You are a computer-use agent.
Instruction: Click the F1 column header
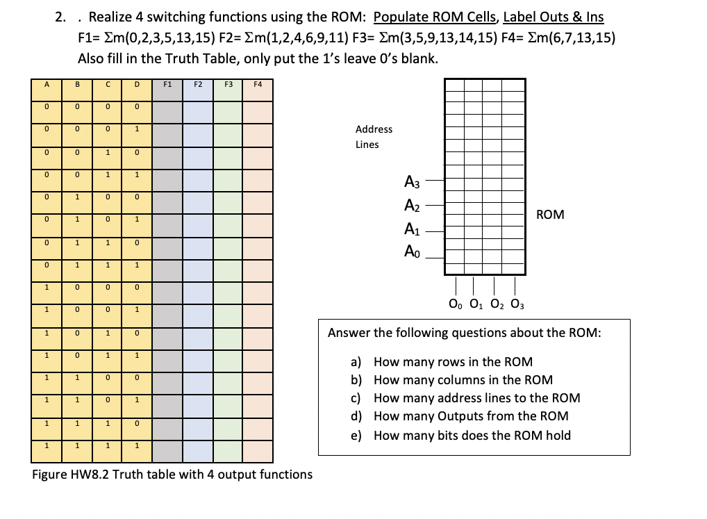tap(167, 85)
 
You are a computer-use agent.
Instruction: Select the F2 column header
tap(197, 85)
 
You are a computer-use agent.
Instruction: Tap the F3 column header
tap(228, 85)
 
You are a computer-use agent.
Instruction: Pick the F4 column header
tap(258, 85)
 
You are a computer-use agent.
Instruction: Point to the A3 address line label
tap(412, 182)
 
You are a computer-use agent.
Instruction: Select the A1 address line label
tap(412, 229)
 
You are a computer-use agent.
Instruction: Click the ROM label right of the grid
tap(551, 215)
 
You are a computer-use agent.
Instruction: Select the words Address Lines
tap(374, 137)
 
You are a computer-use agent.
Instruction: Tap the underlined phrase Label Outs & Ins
tap(553, 17)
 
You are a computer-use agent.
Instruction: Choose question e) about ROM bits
tap(462, 436)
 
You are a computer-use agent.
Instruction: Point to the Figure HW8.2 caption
tap(172, 475)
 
